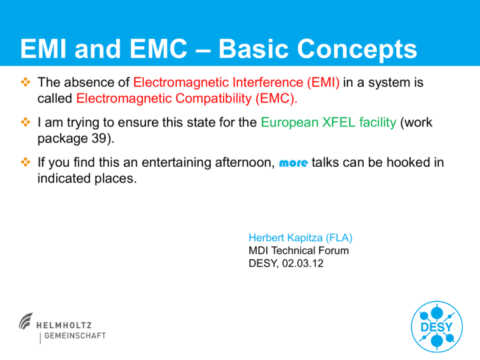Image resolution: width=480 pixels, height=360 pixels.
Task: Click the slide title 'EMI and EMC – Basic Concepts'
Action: click(x=218, y=49)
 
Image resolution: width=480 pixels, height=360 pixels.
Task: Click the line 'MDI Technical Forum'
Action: click(x=298, y=251)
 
